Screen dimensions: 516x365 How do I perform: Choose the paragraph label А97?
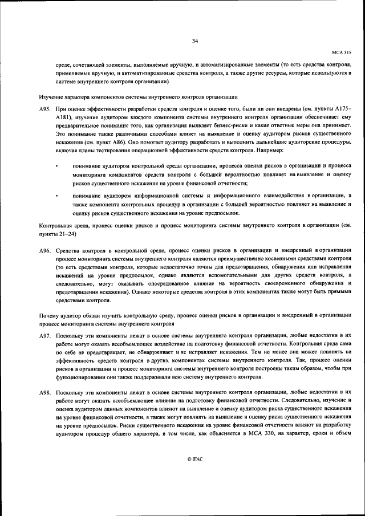[x=46, y=336]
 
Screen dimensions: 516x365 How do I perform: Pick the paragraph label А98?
[x=46, y=393]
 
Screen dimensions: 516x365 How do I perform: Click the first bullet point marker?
[x=58, y=166]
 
